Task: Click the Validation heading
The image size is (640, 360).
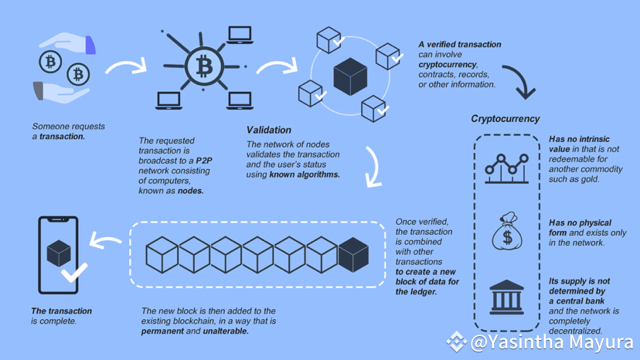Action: click(x=268, y=130)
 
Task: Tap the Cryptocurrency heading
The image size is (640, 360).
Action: click(x=506, y=119)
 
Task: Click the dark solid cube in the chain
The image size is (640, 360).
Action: click(x=353, y=254)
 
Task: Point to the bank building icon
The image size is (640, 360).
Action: click(x=506, y=297)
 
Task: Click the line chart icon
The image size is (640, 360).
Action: click(x=506, y=168)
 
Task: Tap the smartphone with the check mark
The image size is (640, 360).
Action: click(x=60, y=255)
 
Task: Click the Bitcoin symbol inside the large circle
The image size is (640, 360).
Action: click(x=204, y=66)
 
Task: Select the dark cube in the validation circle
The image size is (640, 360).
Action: click(x=349, y=76)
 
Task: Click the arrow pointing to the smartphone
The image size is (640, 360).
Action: click(x=106, y=241)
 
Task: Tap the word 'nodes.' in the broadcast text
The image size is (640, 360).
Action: click(x=190, y=191)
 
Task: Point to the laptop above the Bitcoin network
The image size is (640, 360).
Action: click(x=239, y=35)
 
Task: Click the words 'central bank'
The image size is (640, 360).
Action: click(x=577, y=301)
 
